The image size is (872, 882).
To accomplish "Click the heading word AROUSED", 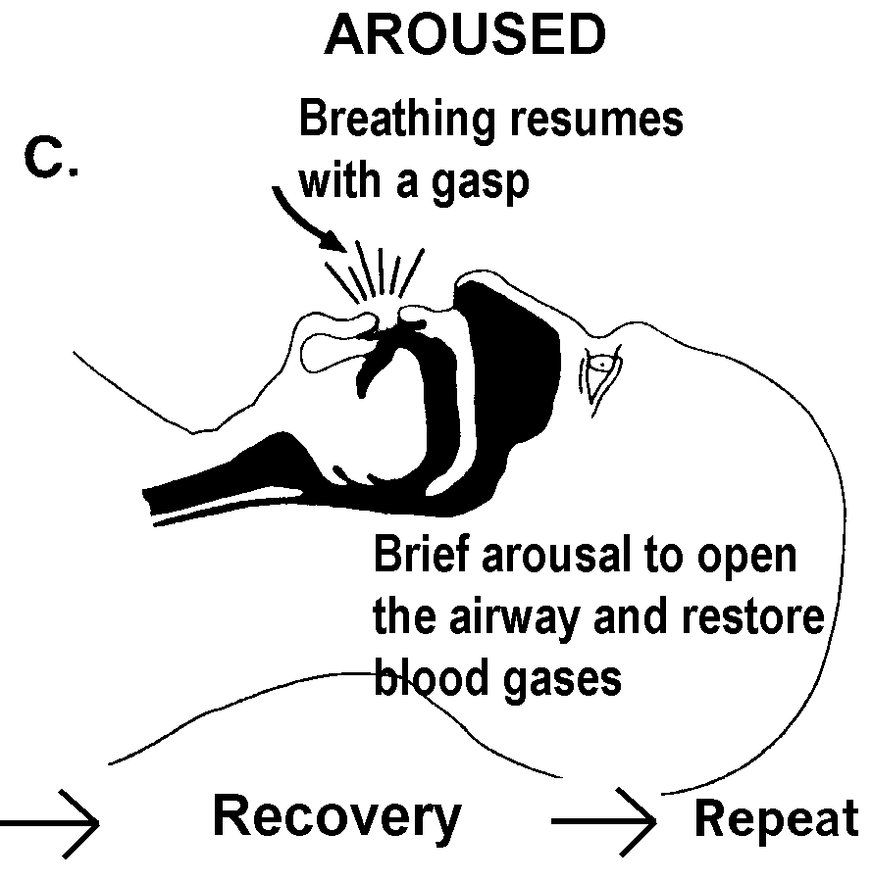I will coord(464,37).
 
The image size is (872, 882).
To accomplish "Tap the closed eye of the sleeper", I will coord(600,370).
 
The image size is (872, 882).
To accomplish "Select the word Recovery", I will coord(336,816).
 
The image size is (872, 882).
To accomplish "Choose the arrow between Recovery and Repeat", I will coord(602,821).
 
